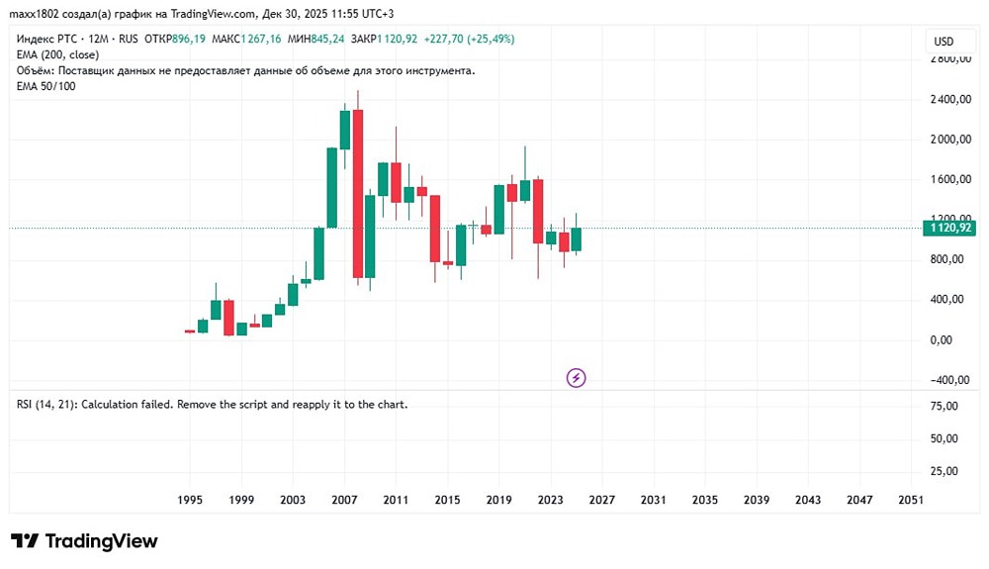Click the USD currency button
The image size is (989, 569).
click(x=944, y=42)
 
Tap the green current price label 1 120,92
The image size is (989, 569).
click(x=949, y=229)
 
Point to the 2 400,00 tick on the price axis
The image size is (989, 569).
click(x=951, y=100)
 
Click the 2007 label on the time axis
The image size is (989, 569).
click(x=343, y=500)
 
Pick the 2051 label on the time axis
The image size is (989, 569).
click(x=911, y=500)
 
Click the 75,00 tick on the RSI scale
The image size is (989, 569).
click(x=944, y=406)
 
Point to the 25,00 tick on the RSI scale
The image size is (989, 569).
click(x=944, y=471)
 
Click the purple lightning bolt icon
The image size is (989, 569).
click(x=577, y=377)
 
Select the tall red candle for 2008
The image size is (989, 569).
click(x=357, y=193)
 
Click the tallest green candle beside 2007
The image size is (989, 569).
click(x=332, y=188)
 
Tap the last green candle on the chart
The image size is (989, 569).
click(x=576, y=238)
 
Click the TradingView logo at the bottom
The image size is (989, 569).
click(x=84, y=541)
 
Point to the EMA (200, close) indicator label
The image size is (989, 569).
click(x=57, y=55)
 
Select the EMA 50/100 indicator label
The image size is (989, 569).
click(x=46, y=86)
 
